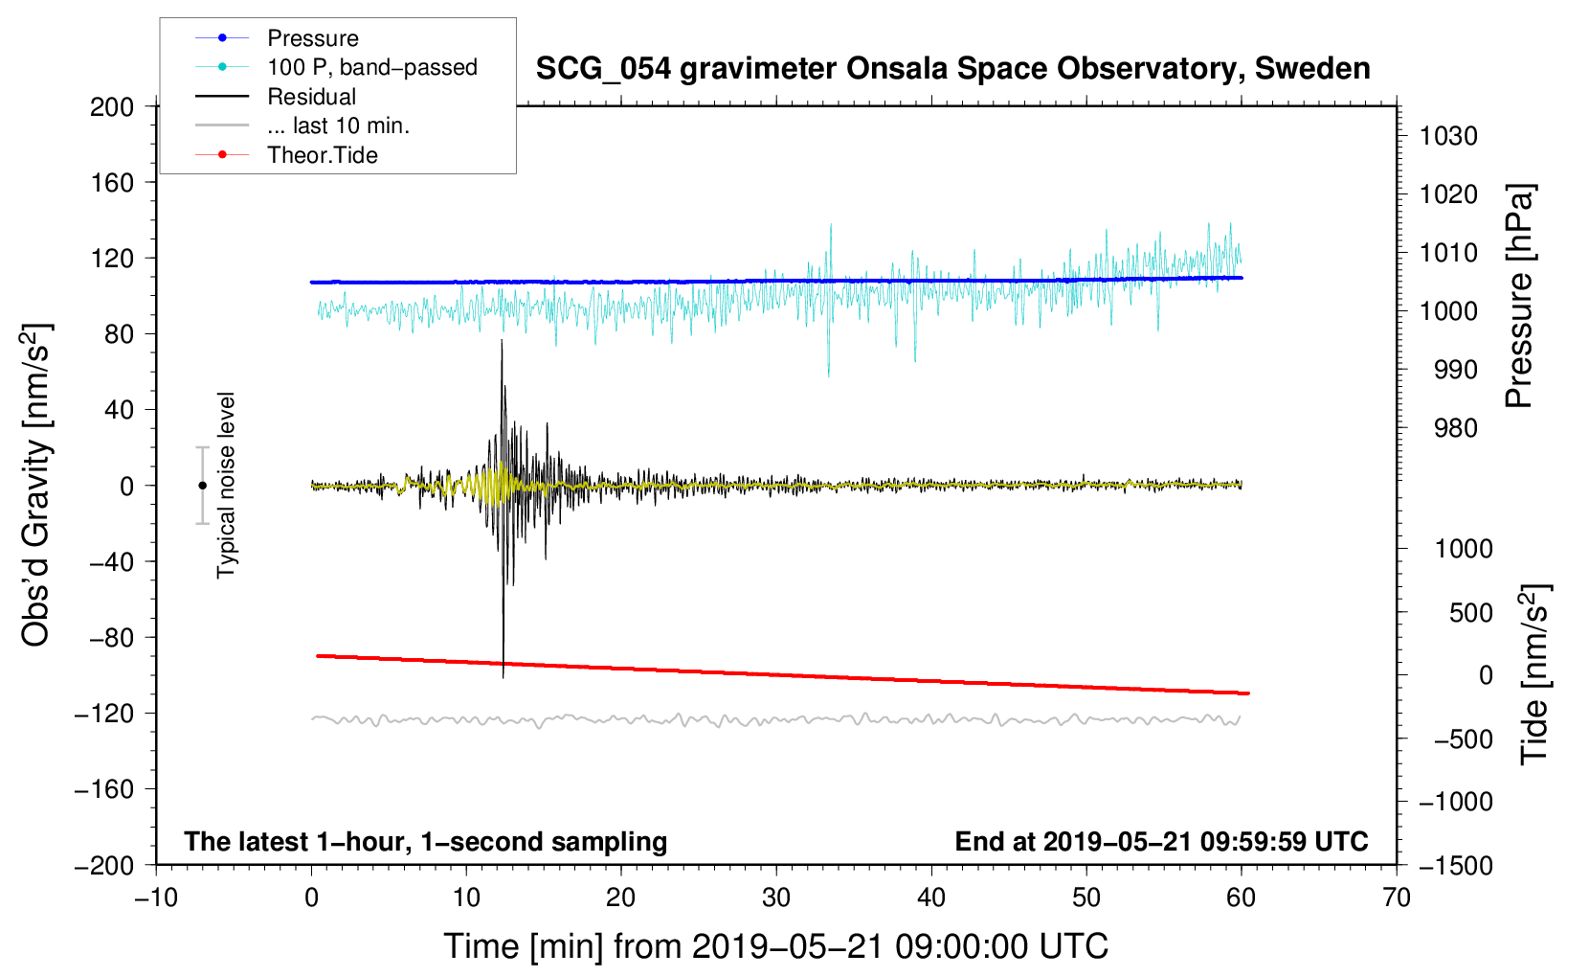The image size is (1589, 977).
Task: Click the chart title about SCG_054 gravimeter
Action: tap(952, 69)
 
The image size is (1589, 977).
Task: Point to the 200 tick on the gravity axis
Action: tap(112, 106)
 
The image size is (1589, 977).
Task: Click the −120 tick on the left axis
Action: tap(105, 714)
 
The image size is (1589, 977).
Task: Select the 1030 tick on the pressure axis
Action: tap(1448, 136)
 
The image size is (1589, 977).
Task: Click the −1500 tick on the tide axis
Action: tap(1455, 865)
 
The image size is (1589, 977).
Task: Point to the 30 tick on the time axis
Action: tap(776, 897)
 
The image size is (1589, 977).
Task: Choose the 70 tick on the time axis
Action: tap(1397, 897)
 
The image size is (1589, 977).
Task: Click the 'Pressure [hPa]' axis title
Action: tap(1519, 297)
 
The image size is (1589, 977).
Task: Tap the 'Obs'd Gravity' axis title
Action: tap(36, 486)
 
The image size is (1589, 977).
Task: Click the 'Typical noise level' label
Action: tap(226, 485)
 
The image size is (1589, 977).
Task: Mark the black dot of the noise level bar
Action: tap(202, 486)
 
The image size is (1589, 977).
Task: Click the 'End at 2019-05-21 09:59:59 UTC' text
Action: tap(1161, 842)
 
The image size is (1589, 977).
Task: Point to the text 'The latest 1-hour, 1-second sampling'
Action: tap(426, 842)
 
